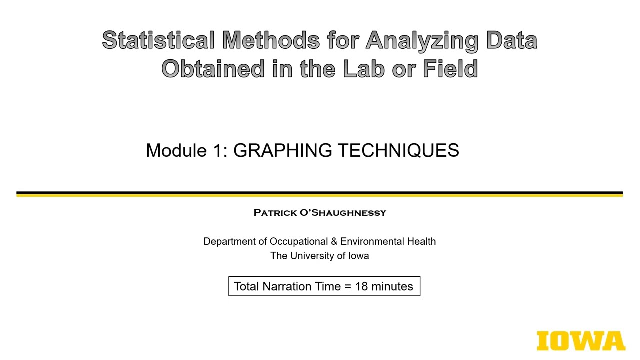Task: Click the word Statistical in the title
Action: click(x=158, y=40)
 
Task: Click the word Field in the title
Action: click(x=450, y=69)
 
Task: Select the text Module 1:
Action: click(x=187, y=150)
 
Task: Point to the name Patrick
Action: click(x=274, y=213)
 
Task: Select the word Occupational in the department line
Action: click(x=299, y=241)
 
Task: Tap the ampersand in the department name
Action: click(x=334, y=241)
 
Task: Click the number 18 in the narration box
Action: click(x=361, y=286)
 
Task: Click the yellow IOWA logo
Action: click(x=581, y=341)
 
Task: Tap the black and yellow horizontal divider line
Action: click(x=320, y=194)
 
